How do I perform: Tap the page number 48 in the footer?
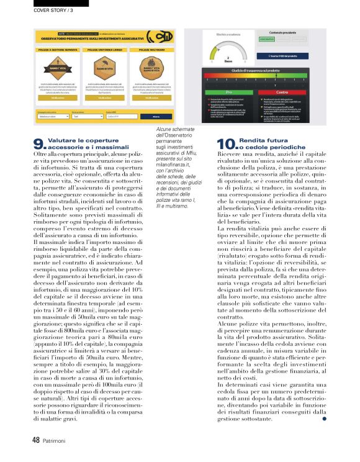[x=36, y=440]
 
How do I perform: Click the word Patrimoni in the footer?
[x=55, y=440]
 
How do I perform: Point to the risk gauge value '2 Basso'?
[x=228, y=60]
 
